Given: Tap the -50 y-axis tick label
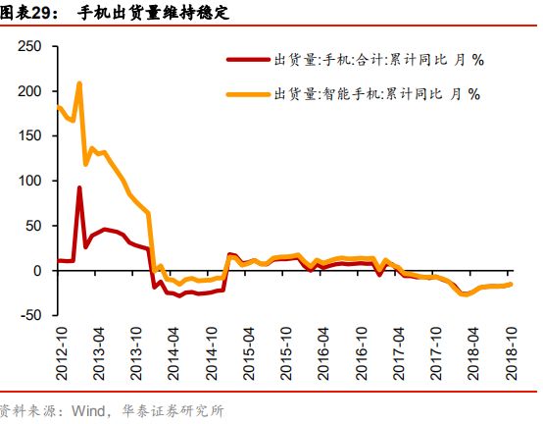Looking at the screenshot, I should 30,315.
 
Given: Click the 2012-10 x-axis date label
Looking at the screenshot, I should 60,354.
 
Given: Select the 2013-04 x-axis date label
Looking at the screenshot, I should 98,354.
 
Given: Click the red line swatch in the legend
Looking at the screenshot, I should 248,59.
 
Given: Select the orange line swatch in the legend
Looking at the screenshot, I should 248,94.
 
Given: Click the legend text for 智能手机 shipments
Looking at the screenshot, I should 377,94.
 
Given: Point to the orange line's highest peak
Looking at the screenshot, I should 79,83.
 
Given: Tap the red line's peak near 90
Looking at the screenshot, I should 79,187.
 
